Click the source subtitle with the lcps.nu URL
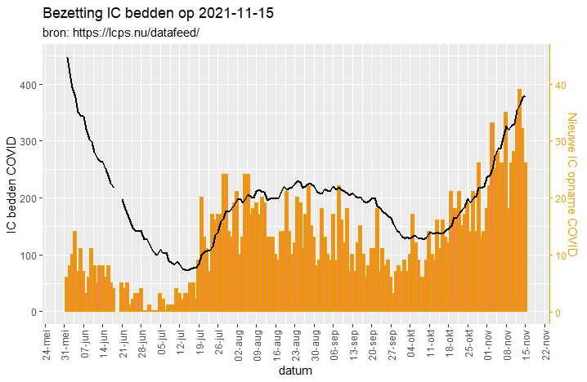tap(120, 33)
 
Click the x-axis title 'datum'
tap(293, 371)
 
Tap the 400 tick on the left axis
tap(27, 85)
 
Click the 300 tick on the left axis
tap(27, 141)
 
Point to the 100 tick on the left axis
tap(27, 255)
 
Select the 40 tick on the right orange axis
tap(562, 85)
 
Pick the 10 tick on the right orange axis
tap(562, 255)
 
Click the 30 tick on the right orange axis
tap(562, 141)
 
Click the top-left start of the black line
tap(67, 58)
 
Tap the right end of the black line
tap(524, 96)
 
